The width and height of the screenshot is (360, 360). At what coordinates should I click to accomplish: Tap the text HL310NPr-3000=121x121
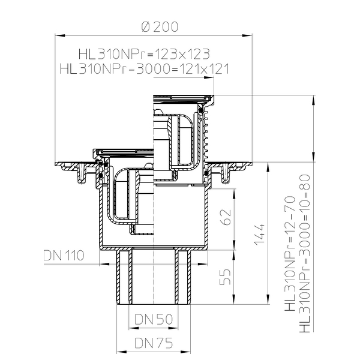(145, 69)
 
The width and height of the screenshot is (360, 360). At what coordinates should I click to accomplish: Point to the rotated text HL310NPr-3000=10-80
(306, 252)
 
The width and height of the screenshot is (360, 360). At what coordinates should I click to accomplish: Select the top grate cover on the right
(183, 95)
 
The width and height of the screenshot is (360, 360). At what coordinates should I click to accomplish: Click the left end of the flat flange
(59, 164)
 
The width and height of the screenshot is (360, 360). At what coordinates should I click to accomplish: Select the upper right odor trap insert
(180, 138)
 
